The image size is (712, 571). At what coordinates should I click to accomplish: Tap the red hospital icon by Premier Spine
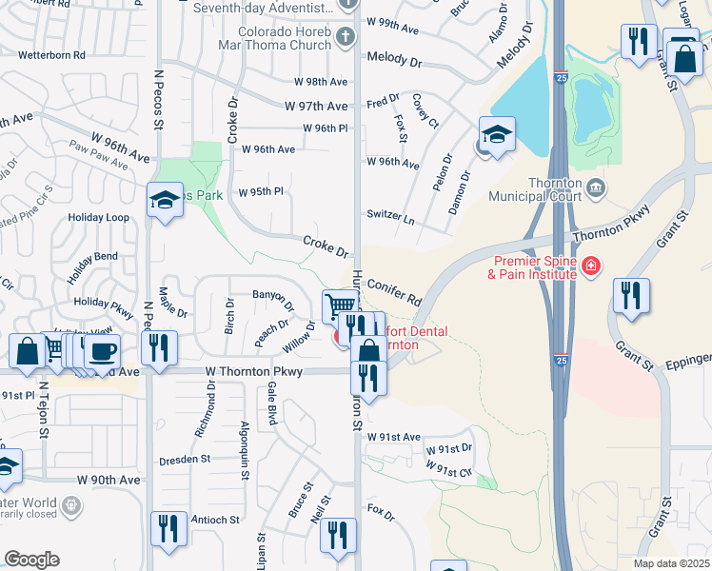[591, 264]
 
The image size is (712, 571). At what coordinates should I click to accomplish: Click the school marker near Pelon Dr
[497, 135]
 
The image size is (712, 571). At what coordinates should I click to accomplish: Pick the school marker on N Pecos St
[165, 201]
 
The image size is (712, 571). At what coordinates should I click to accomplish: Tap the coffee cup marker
[103, 350]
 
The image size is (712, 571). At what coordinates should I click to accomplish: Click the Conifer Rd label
[393, 291]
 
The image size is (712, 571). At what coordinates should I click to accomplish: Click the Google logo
[31, 560]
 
